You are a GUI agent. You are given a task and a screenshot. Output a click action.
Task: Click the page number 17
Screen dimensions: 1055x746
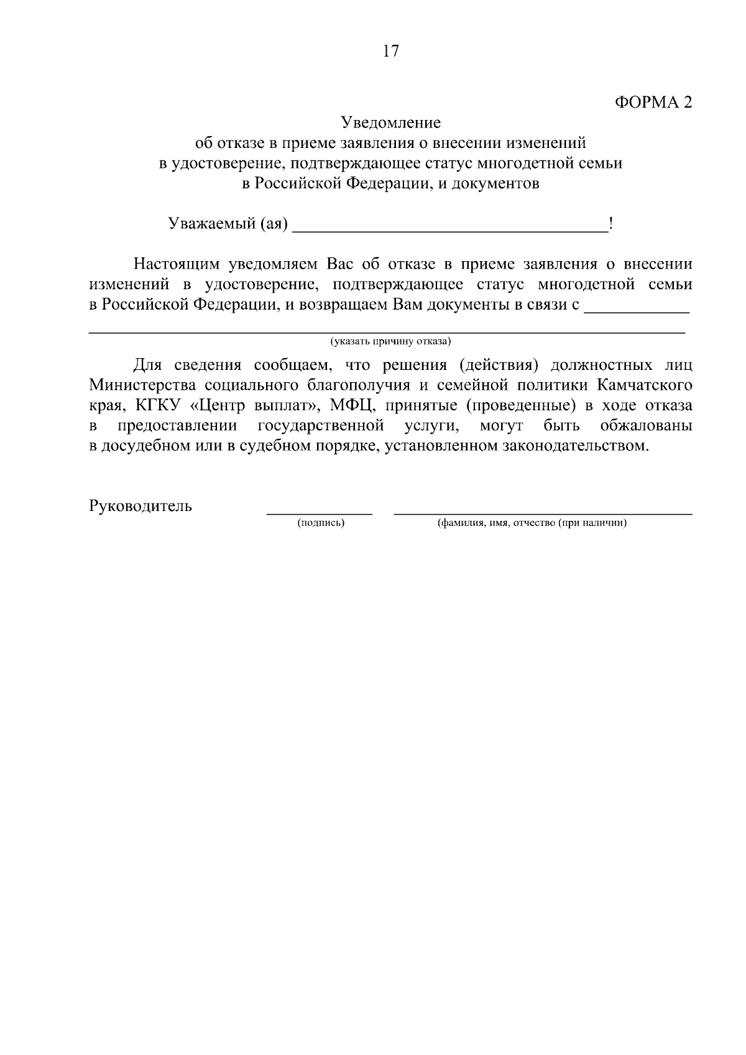click(x=390, y=52)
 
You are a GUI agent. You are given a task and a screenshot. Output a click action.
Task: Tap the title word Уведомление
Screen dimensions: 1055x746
click(x=390, y=122)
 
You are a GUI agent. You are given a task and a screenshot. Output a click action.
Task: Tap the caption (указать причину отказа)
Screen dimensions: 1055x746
click(x=390, y=341)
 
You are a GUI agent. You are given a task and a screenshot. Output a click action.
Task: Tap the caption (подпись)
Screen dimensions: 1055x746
click(x=321, y=523)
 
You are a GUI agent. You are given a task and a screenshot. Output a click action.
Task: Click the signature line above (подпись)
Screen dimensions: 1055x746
click(x=320, y=514)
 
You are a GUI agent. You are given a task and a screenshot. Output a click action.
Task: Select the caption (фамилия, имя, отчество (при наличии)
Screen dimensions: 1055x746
click(x=532, y=523)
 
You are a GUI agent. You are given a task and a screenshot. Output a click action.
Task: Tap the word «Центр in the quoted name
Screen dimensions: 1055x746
click(x=214, y=406)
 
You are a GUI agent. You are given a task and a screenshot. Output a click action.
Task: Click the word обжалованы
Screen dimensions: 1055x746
click(x=647, y=426)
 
